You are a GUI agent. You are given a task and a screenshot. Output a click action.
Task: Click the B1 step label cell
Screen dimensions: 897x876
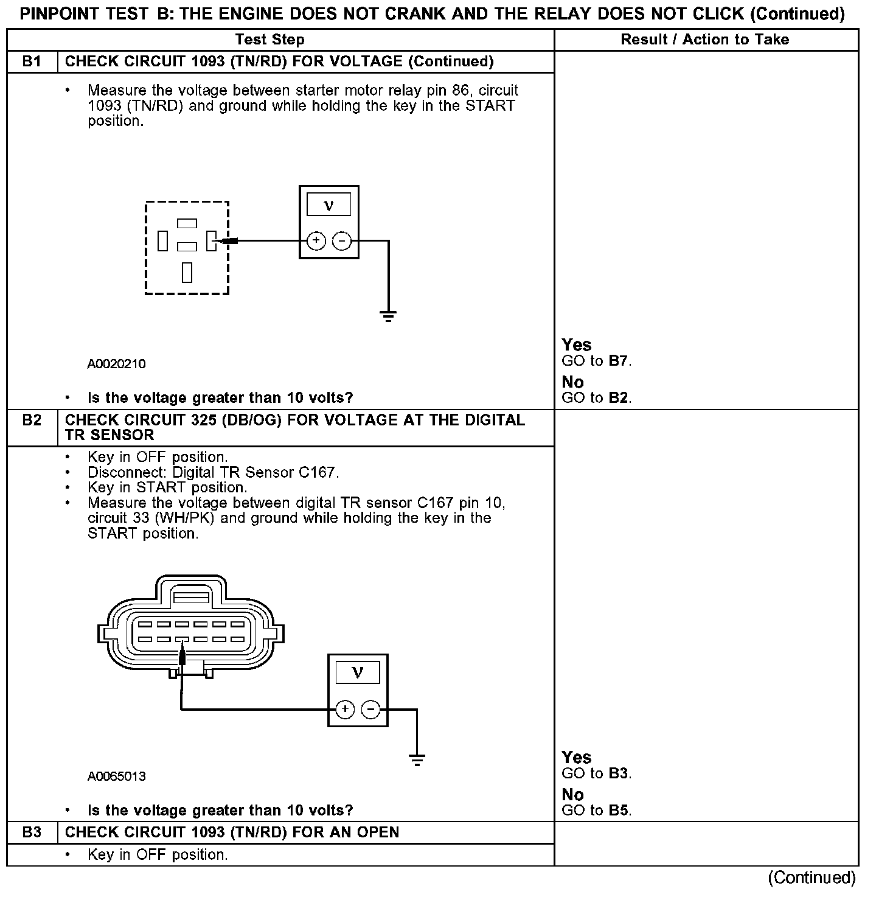click(32, 61)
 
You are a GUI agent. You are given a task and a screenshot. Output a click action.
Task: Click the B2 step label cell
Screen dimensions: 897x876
click(32, 420)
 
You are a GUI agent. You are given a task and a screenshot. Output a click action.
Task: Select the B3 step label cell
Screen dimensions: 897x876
click(32, 832)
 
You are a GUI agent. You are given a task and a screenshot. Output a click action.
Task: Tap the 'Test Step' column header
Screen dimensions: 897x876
click(269, 40)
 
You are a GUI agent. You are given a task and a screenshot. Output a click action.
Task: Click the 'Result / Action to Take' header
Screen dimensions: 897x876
click(704, 40)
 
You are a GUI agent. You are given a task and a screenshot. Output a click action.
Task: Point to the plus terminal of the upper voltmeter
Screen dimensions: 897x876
click(316, 241)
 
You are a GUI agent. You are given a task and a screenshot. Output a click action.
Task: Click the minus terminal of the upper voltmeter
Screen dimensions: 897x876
click(342, 241)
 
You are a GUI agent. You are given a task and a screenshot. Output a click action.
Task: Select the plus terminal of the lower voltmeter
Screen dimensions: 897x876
click(344, 710)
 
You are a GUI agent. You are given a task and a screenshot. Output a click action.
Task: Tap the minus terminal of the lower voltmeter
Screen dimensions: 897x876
click(370, 710)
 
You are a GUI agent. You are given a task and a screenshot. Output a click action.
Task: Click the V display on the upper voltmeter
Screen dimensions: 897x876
click(328, 204)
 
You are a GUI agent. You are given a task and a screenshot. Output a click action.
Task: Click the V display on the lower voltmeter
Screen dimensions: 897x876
click(357, 672)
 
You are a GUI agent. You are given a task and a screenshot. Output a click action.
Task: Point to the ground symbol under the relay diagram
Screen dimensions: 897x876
click(388, 316)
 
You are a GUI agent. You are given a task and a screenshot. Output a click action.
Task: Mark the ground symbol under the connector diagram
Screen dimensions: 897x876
click(417, 760)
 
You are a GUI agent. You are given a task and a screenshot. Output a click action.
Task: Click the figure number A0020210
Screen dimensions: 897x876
click(116, 364)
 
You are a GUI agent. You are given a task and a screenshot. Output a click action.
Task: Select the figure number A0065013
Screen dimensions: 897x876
click(116, 776)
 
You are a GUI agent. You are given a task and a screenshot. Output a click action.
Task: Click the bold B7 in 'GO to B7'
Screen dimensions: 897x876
click(617, 361)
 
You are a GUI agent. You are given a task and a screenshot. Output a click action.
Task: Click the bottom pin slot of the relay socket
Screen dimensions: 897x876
click(187, 273)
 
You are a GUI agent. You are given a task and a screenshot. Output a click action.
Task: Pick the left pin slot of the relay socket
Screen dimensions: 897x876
click(162, 241)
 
